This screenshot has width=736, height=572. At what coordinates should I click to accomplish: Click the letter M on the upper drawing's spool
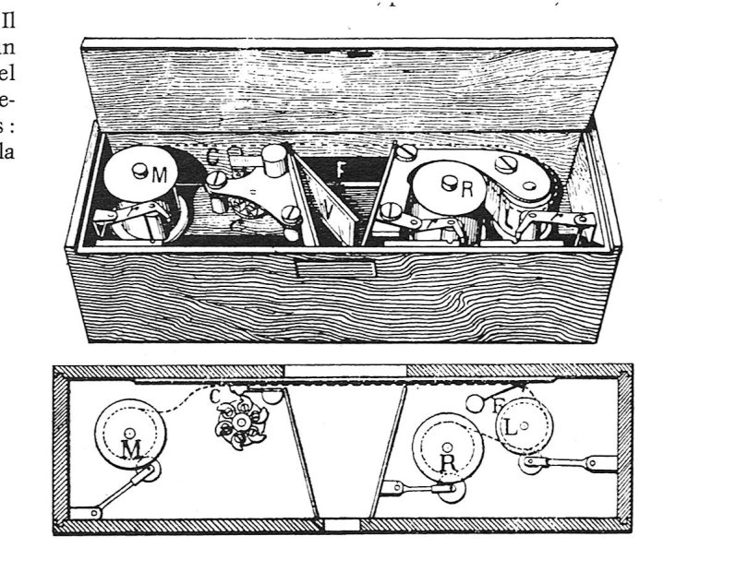pos(160,174)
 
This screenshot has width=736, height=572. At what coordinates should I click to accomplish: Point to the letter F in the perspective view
pos(342,170)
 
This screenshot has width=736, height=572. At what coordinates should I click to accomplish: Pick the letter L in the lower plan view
pos(511,426)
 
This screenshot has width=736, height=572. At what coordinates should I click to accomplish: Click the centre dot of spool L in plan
pos(525,425)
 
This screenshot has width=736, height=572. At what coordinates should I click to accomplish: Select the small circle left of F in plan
pos(475,402)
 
